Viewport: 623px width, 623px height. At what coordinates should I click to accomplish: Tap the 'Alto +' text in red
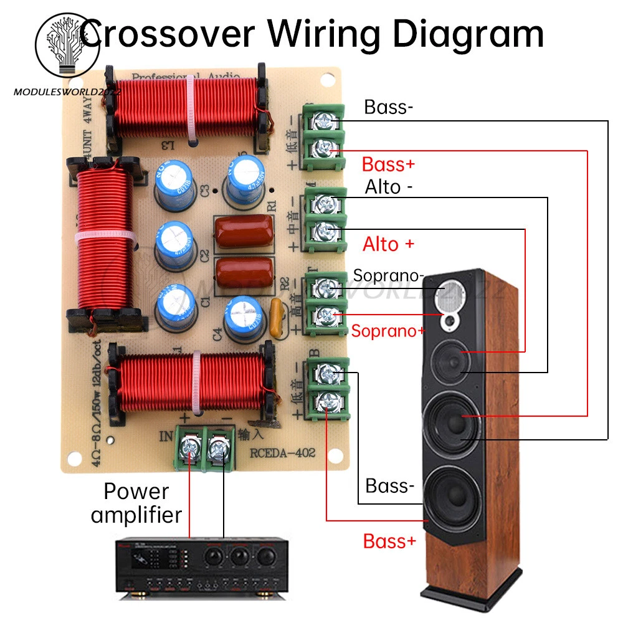[388, 244]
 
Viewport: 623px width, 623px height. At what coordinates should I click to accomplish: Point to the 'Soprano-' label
[389, 275]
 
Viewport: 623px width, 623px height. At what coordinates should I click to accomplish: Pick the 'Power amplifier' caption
[136, 503]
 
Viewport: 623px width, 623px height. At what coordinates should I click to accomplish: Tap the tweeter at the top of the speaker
[451, 294]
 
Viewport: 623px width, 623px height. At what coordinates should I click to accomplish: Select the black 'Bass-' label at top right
[388, 107]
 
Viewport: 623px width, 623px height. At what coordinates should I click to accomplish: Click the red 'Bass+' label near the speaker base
[389, 541]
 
